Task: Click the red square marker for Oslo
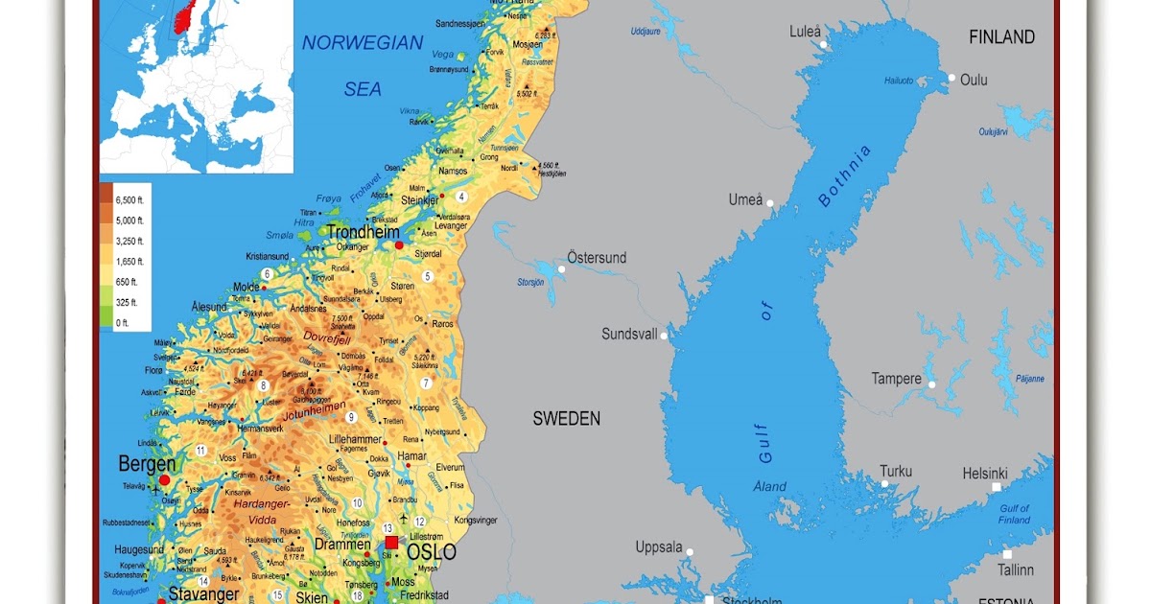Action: coord(391,542)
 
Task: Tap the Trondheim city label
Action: coord(363,232)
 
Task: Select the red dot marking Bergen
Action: coord(164,479)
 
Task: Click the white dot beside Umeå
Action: coord(769,203)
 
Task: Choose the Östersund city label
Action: coord(596,258)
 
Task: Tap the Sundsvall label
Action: coord(629,334)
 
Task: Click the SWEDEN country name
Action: coord(566,419)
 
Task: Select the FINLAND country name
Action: coord(1001,37)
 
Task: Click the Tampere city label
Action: coord(896,379)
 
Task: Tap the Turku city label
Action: coord(896,471)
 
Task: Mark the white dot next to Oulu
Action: coord(951,79)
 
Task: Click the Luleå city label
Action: coord(805,32)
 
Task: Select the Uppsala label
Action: coord(659,547)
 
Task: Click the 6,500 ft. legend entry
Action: coord(129,199)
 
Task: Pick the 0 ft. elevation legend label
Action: coord(122,323)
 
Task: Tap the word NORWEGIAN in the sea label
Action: coord(362,42)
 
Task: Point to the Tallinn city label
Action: coord(1015,569)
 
